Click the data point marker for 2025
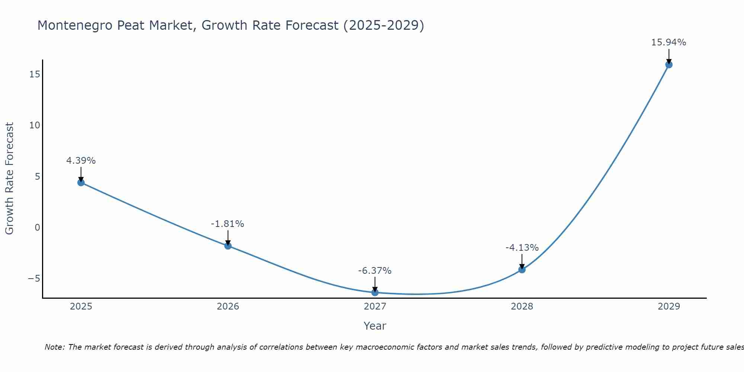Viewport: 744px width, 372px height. pos(81,182)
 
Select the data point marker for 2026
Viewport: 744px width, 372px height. pos(228,246)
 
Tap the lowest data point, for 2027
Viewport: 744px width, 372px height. pos(375,292)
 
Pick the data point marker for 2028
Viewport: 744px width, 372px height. pos(522,269)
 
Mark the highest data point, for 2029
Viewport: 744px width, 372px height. pos(669,64)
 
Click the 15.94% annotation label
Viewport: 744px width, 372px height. pos(668,42)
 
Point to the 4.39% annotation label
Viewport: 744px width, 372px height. pos(81,161)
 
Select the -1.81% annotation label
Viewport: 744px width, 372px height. pos(228,224)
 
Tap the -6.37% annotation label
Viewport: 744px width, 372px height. pos(375,271)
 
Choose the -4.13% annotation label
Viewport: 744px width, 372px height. pos(522,248)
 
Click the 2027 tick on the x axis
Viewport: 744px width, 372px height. pos(375,307)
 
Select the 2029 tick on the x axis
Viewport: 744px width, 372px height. pos(669,307)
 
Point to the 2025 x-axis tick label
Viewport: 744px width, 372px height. pos(81,307)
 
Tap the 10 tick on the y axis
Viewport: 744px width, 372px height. pos(35,125)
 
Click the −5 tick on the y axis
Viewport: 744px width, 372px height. pos(34,279)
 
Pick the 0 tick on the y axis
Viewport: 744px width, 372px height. pos(37,228)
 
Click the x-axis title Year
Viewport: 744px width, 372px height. pos(375,326)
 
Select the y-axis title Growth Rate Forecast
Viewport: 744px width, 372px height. pos(9,179)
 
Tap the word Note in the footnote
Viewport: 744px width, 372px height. pos(54,347)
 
